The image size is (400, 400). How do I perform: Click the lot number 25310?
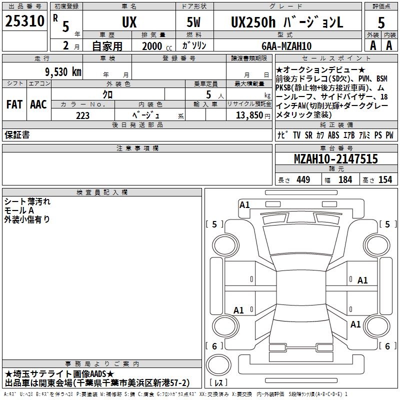point(24,21)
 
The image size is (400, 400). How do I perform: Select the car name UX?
point(129,22)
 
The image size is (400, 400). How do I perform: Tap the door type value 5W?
point(194,22)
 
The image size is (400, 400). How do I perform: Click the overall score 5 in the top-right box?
point(381,22)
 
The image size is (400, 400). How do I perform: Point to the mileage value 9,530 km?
point(63,72)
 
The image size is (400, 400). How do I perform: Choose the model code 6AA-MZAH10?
point(286,46)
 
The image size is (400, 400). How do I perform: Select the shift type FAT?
point(14,104)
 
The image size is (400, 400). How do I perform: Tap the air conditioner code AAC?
point(38,104)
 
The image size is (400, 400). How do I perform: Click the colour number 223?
point(82,115)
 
